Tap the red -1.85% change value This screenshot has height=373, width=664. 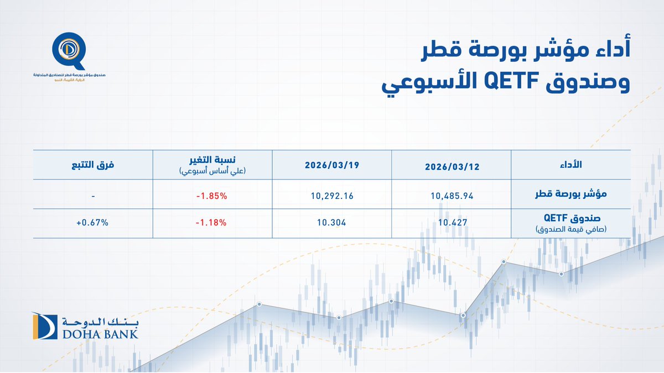211,195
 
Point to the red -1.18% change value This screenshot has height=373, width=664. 211,223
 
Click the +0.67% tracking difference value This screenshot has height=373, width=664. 92,223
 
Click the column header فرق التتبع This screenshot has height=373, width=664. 92,165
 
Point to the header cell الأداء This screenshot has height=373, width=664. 569,165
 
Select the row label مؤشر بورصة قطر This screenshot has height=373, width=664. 569,195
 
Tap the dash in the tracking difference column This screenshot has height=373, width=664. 92,196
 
